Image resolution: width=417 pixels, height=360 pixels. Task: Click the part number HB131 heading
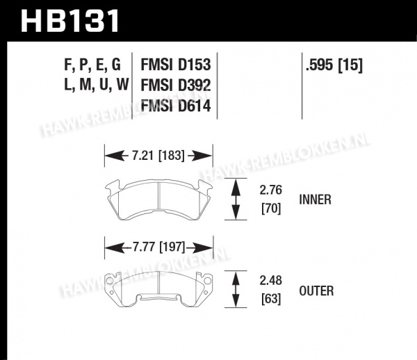pos(69,21)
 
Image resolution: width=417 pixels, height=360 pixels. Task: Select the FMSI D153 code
pos(176,65)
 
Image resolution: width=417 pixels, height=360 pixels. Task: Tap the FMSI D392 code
pos(176,85)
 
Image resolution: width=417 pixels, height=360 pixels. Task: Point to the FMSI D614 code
pos(176,106)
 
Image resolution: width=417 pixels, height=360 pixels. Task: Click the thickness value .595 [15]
pos(334,65)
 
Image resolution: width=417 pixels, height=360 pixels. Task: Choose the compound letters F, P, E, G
pos(92,65)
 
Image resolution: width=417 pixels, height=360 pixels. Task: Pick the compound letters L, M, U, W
pos(97,85)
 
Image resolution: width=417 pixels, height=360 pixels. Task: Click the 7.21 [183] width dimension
pos(158,155)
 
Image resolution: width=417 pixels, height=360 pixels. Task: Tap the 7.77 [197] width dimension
pos(158,247)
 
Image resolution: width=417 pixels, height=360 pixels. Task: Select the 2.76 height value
pos(271,190)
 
